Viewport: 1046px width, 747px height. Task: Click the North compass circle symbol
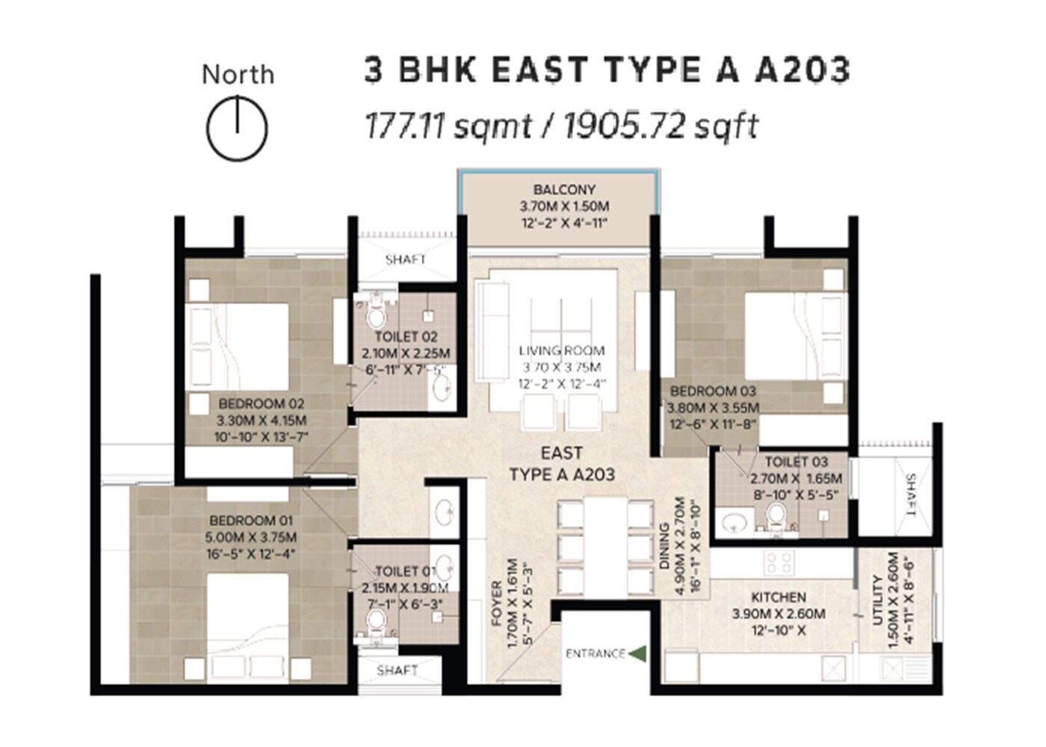[x=237, y=128]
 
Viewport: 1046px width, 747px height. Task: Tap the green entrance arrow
[x=637, y=653]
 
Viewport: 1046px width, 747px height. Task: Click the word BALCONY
[x=564, y=190]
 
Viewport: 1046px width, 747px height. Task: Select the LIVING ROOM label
[x=562, y=350]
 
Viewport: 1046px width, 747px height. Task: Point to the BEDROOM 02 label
[x=261, y=403]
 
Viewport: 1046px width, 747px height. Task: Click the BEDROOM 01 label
[x=251, y=520]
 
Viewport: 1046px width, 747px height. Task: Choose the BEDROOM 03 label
[x=713, y=391]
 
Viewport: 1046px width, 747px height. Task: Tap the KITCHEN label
[x=779, y=597]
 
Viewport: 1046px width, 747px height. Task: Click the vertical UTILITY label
[x=879, y=598]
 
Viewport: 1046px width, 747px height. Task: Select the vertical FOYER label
[x=497, y=603]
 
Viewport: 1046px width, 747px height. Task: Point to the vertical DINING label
[x=665, y=546]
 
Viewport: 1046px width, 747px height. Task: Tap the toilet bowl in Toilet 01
[x=377, y=619]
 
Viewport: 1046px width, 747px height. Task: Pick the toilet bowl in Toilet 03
[x=777, y=515]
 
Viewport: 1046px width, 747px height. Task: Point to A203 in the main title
[x=802, y=69]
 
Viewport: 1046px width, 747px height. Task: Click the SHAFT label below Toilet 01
[x=397, y=670]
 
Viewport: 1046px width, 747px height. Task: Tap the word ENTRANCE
[x=595, y=654]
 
